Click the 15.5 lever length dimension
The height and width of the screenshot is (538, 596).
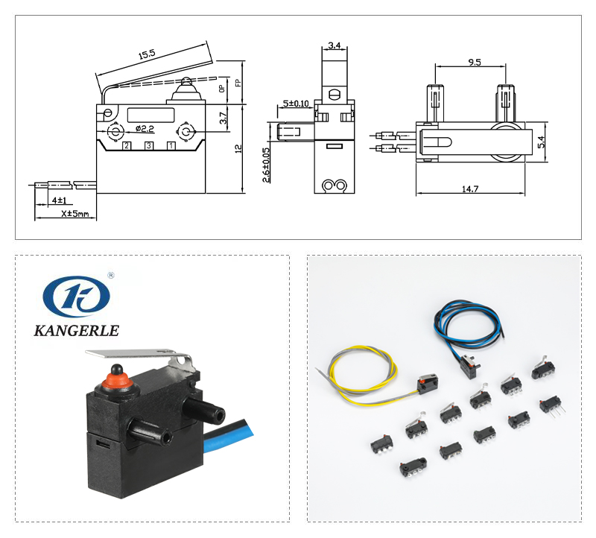tap(146, 54)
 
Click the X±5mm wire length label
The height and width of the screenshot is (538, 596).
tap(74, 215)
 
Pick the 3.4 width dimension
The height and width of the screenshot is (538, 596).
tap(334, 45)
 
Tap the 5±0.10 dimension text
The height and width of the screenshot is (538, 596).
tap(297, 104)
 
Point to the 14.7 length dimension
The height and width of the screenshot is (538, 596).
tap(470, 190)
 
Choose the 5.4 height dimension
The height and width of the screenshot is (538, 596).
tap(542, 140)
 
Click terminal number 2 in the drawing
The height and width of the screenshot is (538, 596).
tap(127, 145)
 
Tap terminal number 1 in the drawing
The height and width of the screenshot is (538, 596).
tap(171, 145)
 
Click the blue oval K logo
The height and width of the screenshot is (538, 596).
tap(76, 297)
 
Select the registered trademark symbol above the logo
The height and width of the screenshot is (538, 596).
tap(111, 275)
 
